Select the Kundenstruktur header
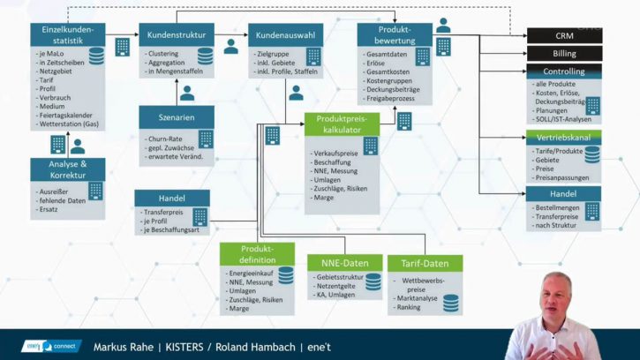(x=177, y=36)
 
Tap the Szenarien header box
(x=177, y=117)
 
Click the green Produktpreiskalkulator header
(x=342, y=124)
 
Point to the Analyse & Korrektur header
(x=68, y=169)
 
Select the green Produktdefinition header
(x=258, y=254)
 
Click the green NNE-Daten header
(x=343, y=263)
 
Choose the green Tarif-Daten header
(x=425, y=263)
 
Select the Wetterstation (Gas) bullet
(x=67, y=124)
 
